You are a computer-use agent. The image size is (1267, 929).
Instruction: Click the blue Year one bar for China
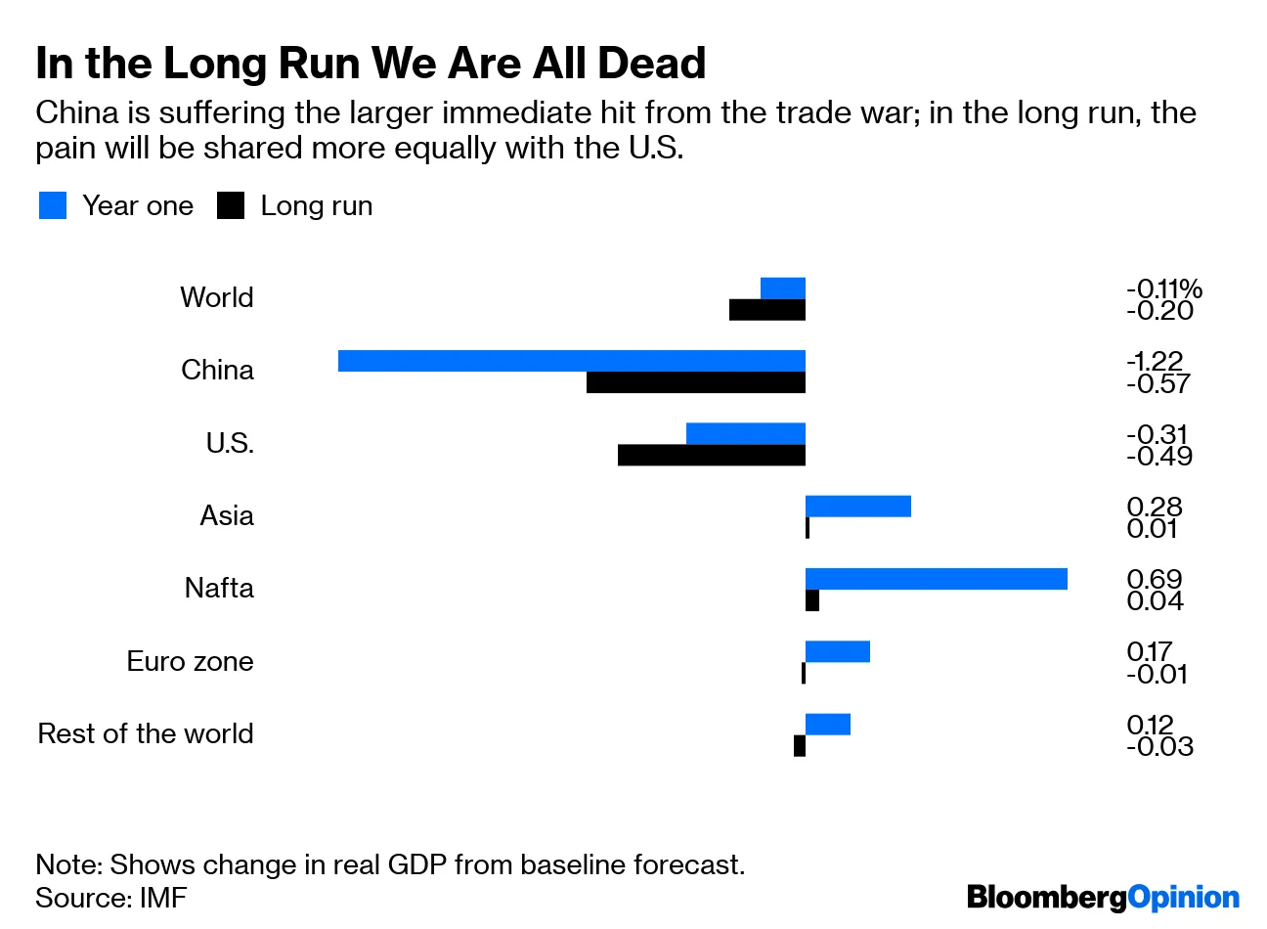click(x=571, y=361)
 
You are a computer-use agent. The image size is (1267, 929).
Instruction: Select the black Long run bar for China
click(x=695, y=382)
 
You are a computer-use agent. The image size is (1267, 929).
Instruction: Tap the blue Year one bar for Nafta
click(x=936, y=579)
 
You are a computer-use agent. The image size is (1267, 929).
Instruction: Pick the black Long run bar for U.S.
click(x=711, y=455)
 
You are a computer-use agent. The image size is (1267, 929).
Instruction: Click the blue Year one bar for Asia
click(x=857, y=506)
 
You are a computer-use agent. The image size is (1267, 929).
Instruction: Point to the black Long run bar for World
click(x=766, y=310)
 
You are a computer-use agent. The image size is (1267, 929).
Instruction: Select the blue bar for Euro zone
click(x=837, y=651)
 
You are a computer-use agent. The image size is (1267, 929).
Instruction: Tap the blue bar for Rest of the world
click(x=827, y=725)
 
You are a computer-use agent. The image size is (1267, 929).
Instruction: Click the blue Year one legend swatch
click(x=53, y=205)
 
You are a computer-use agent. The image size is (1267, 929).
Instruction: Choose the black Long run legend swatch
click(x=231, y=205)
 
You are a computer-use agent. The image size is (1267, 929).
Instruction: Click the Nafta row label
click(x=219, y=589)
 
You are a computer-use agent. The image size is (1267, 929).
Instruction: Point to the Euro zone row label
click(x=190, y=661)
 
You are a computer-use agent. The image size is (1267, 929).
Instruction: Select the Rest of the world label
click(x=146, y=733)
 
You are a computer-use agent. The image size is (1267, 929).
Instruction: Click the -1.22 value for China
click(x=1155, y=361)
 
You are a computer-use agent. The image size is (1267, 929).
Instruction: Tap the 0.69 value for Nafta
click(x=1154, y=579)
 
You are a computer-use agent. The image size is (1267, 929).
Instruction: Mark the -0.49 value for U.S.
click(x=1159, y=457)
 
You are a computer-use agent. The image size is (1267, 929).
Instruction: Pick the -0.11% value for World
click(x=1163, y=288)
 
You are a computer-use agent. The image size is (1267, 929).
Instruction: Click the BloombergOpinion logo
click(x=1102, y=898)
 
